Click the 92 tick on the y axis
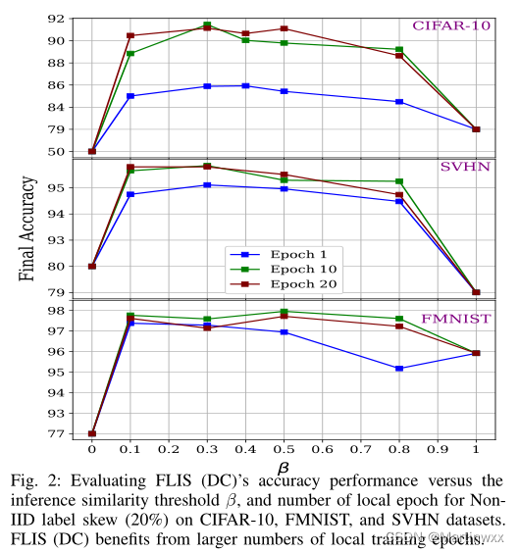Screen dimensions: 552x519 click(57, 19)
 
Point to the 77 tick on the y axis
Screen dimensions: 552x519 click(57, 433)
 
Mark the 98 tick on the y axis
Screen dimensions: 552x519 click(57, 311)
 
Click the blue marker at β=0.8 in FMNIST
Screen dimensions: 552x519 click(399, 369)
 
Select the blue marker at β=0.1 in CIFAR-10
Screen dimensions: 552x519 click(130, 96)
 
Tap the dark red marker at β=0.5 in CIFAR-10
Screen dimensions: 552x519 click(285, 28)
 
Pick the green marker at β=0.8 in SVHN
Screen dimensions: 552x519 click(399, 181)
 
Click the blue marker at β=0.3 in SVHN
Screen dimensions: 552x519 click(207, 184)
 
